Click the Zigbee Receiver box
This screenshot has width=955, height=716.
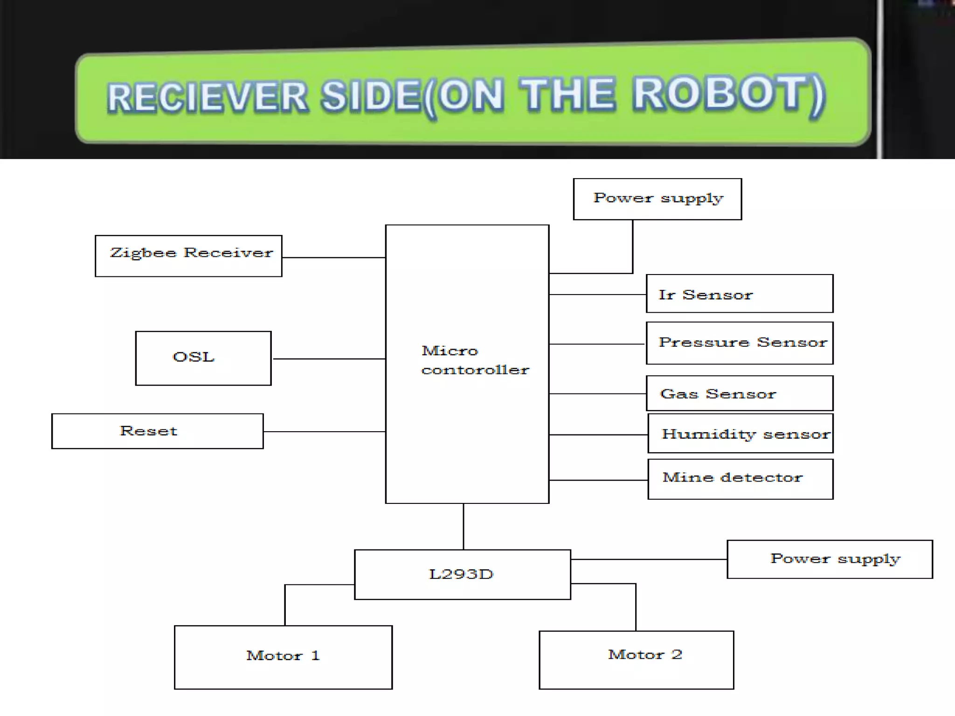click(x=188, y=255)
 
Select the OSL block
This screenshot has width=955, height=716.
click(x=203, y=358)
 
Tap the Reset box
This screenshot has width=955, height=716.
click(x=157, y=431)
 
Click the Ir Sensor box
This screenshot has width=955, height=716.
click(x=739, y=294)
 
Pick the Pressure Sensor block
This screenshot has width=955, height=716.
click(x=739, y=343)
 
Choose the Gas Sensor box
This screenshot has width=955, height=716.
click(x=739, y=393)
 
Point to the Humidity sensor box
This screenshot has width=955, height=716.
click(x=740, y=434)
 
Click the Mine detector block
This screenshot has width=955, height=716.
click(x=740, y=479)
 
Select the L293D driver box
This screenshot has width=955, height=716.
click(x=462, y=574)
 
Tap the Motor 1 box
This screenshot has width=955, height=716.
click(x=283, y=657)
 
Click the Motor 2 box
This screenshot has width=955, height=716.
click(x=636, y=660)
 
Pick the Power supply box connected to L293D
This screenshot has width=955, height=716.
click(x=830, y=559)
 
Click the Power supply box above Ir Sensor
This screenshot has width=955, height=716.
click(x=657, y=199)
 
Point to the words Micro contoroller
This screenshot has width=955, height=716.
click(x=474, y=360)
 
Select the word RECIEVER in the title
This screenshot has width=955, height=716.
click(x=208, y=97)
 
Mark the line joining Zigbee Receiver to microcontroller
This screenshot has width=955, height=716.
click(x=333, y=257)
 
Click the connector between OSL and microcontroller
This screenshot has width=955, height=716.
click(x=328, y=359)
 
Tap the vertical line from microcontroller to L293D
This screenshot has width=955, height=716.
click(x=464, y=527)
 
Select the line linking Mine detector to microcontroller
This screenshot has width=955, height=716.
click(x=598, y=480)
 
